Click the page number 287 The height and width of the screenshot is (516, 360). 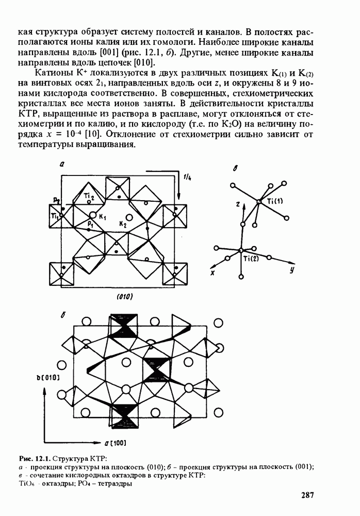click(308, 495)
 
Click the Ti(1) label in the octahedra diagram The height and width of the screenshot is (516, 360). click(275, 201)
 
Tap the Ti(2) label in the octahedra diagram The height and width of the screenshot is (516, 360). click(251, 259)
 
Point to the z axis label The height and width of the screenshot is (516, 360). click(237, 204)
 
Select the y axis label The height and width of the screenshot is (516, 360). click(291, 270)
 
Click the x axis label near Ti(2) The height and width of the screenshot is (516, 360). click(212, 272)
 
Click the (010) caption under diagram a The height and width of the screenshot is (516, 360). click(125, 297)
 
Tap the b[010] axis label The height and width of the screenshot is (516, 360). click(48, 378)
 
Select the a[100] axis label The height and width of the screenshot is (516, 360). click(115, 443)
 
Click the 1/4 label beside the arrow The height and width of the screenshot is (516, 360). click(188, 177)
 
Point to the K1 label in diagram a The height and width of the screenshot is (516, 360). click(102, 217)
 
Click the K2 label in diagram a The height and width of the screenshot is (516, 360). click(123, 225)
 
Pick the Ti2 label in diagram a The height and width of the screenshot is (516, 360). click(89, 196)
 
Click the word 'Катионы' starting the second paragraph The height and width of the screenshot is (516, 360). click(52, 73)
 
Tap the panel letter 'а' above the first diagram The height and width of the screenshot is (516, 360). click(61, 165)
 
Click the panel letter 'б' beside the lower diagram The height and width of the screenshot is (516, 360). click(62, 315)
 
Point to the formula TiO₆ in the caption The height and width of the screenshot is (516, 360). click(25, 484)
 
